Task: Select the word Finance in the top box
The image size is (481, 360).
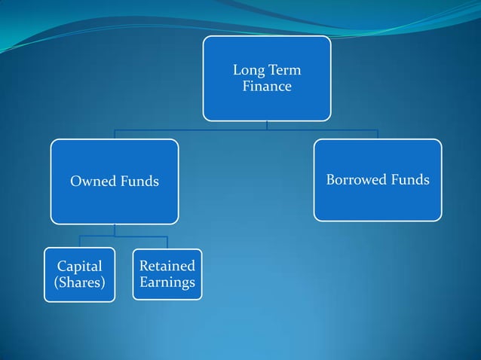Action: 266,87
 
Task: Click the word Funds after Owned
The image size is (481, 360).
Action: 139,181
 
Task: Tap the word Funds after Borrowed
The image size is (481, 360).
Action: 412,179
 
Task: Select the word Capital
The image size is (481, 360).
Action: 79,266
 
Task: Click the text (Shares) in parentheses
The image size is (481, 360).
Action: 79,282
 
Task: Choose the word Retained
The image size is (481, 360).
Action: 167,265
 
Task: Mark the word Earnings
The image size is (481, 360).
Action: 167,282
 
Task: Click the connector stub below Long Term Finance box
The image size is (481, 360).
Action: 266,125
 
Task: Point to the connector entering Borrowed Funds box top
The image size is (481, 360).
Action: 377,135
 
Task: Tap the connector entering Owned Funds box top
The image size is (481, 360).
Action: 115,135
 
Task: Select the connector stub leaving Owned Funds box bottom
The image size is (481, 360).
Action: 115,229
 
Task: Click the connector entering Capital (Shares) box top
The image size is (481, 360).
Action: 79,242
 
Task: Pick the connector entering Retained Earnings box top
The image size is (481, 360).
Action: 167,243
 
